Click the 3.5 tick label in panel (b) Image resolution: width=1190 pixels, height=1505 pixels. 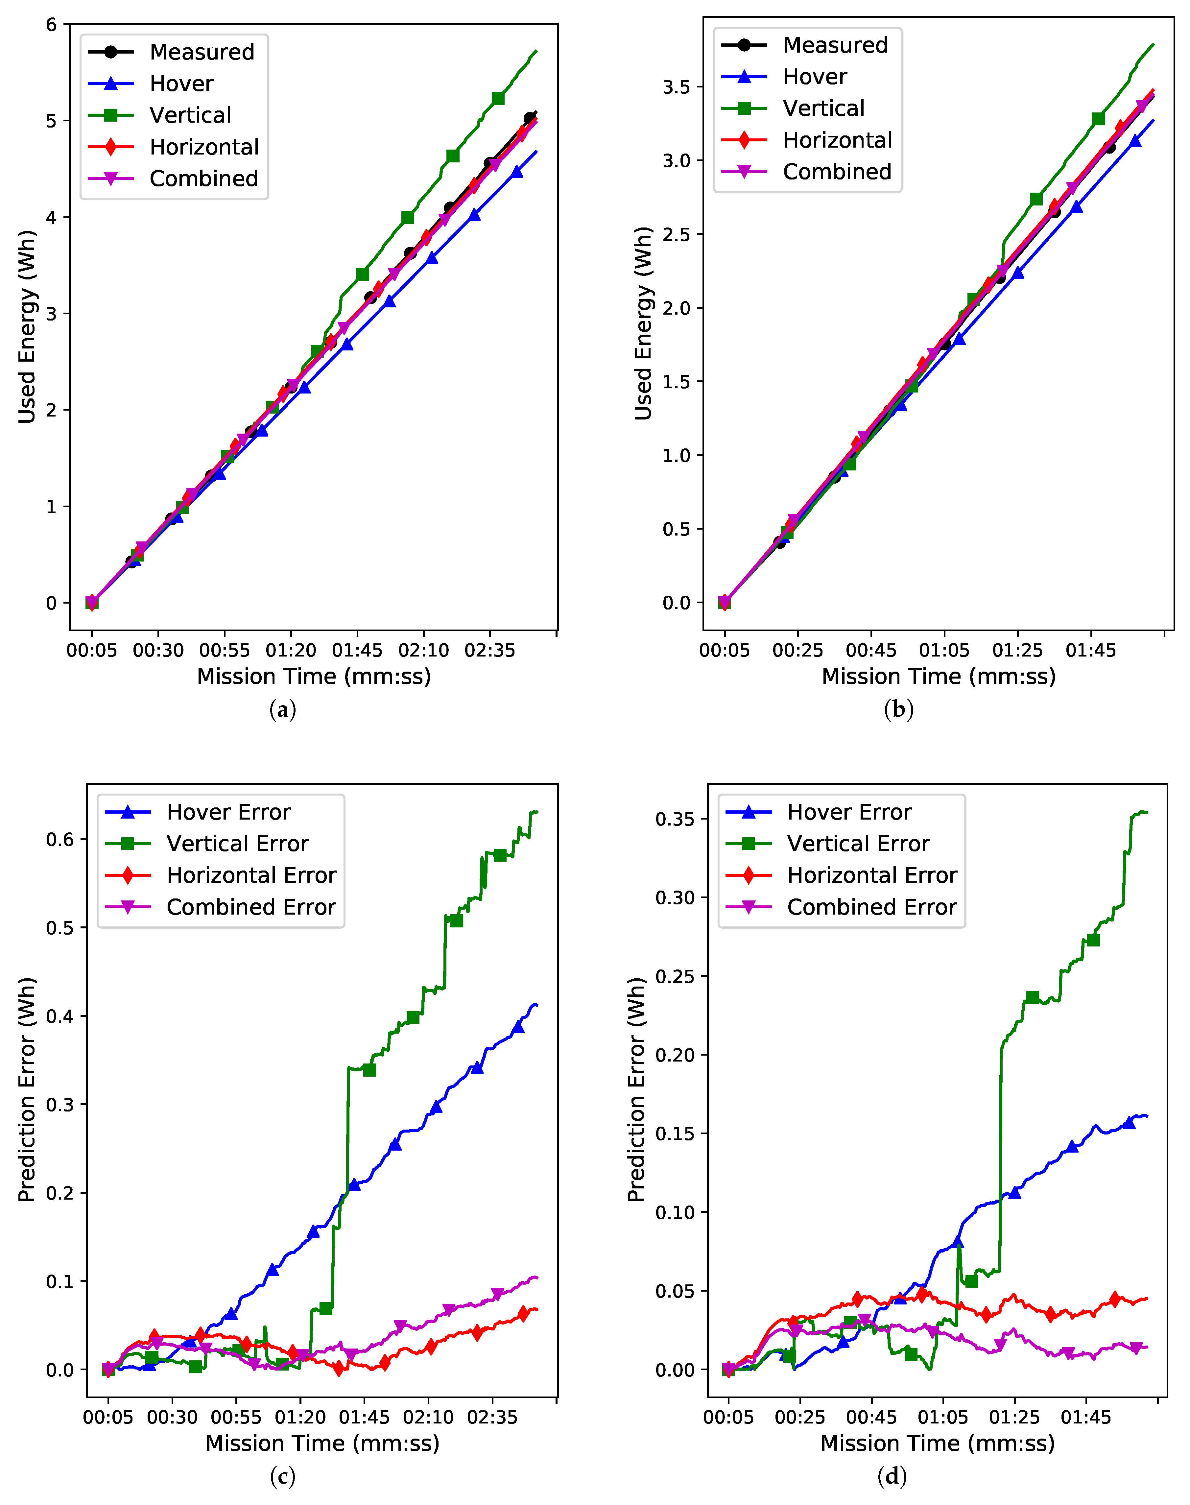pos(676,87)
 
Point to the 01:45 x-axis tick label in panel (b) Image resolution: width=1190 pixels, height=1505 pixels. pos(1091,650)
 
